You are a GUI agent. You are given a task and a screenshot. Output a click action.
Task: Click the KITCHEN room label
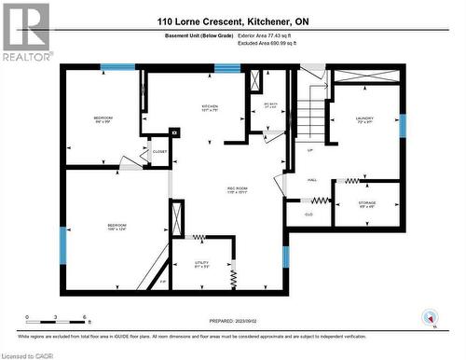pyautogui.click(x=211, y=106)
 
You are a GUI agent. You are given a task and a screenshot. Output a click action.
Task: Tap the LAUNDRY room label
pyautogui.click(x=364, y=118)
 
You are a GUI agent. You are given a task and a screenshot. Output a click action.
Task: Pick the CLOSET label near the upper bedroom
pyautogui.click(x=159, y=150)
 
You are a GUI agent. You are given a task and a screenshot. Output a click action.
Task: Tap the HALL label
pyautogui.click(x=312, y=180)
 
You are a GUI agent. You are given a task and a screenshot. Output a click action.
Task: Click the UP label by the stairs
pyautogui.click(x=309, y=148)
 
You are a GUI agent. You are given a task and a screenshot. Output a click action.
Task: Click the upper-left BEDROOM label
pyautogui.click(x=103, y=118)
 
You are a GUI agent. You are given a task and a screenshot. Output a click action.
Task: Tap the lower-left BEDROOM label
pyautogui.click(x=116, y=226)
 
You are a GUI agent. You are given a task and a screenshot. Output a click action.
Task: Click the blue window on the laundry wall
pyautogui.click(x=403, y=125)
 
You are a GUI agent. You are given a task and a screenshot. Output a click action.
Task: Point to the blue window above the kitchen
pyautogui.click(x=227, y=67)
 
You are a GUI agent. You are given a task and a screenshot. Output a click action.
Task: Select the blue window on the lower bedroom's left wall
pyautogui.click(x=63, y=244)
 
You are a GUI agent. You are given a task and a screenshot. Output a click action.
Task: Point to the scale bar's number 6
pyautogui.click(x=86, y=318)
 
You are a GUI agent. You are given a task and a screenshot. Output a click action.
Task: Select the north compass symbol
pyautogui.click(x=430, y=314)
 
